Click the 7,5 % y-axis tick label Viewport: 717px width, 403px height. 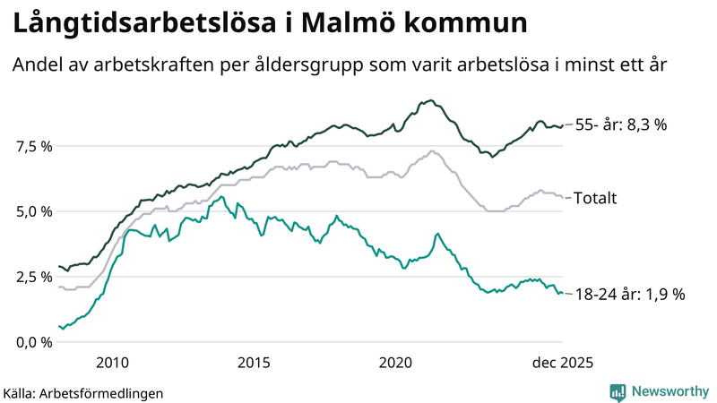point(33,147)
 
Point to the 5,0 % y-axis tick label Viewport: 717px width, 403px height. point(33,212)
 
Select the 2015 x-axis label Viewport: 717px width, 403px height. point(254,363)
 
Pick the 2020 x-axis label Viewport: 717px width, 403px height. point(395,363)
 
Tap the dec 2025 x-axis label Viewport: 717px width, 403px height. point(562,363)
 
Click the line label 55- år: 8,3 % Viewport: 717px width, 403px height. point(620,125)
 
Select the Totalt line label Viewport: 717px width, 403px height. point(596,198)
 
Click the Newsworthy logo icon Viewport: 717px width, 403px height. point(618,391)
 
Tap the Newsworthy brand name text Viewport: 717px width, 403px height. point(668,391)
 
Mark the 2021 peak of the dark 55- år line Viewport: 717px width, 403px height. point(431,100)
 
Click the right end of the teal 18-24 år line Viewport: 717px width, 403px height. point(562,293)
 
